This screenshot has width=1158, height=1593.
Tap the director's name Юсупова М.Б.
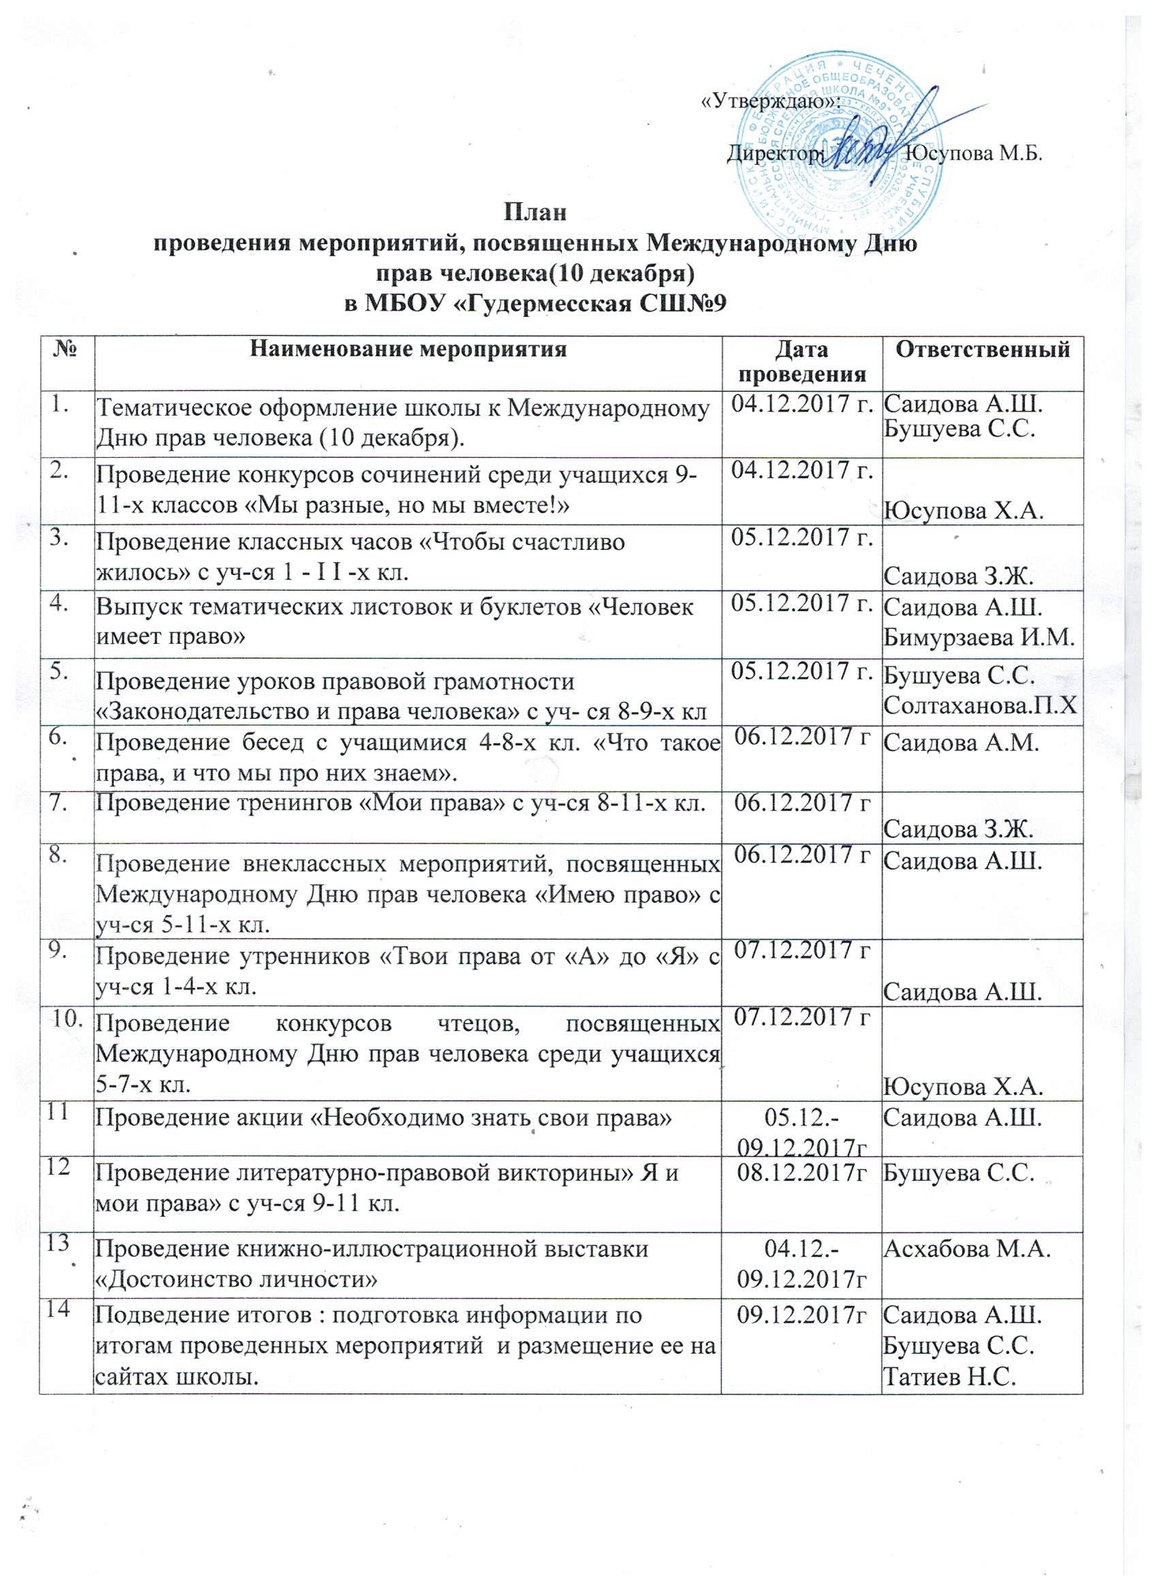tap(972, 153)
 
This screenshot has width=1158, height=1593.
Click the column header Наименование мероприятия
tap(409, 349)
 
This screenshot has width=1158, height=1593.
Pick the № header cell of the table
tap(67, 349)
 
